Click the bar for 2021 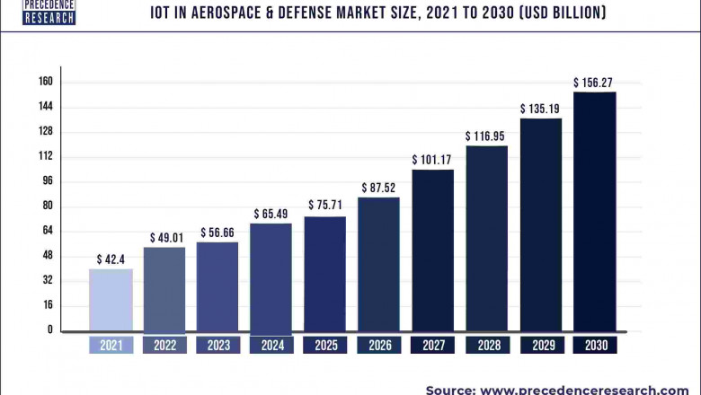coord(111,300)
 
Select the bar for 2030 coord(595,212)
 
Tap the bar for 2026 coord(378,264)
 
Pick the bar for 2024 coord(271,277)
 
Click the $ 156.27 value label coord(594,83)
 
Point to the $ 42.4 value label coord(111,259)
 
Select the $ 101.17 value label coord(432,160)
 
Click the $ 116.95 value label coord(486,136)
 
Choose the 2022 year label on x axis coord(164,345)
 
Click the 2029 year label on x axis coord(540,345)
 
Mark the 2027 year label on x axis coord(432,345)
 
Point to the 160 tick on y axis coord(45,82)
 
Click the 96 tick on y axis coord(48,180)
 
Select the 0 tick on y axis coord(50,329)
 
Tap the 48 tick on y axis coord(48,255)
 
